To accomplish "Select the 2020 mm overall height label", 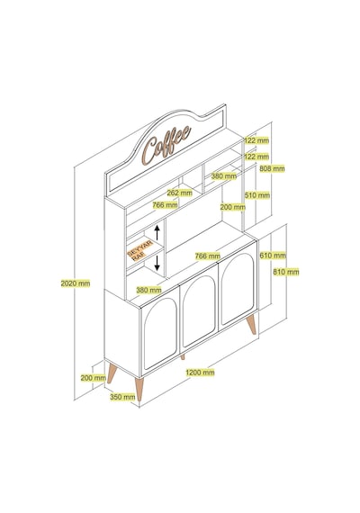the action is coord(76,283).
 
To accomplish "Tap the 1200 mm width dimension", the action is coord(200,373).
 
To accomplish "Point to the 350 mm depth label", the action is coord(122,397).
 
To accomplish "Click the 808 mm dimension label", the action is coord(272,168).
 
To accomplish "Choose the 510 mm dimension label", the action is coord(257,195).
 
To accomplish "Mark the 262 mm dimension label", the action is coord(180,193).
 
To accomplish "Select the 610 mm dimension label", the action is coord(273,255).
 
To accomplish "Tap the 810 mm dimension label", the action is coord(286,272).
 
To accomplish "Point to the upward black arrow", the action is coord(157,232).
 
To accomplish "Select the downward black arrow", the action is coord(157,263).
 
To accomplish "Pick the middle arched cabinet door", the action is coord(199,310).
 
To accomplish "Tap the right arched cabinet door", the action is coord(238,288).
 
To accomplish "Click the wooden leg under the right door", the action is coord(252,324).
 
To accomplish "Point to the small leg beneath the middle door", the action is coord(183,357).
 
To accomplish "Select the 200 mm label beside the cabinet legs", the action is coord(94,378).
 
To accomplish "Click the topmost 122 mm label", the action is coord(256,140).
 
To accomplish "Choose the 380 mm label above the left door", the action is coord(148,290).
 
